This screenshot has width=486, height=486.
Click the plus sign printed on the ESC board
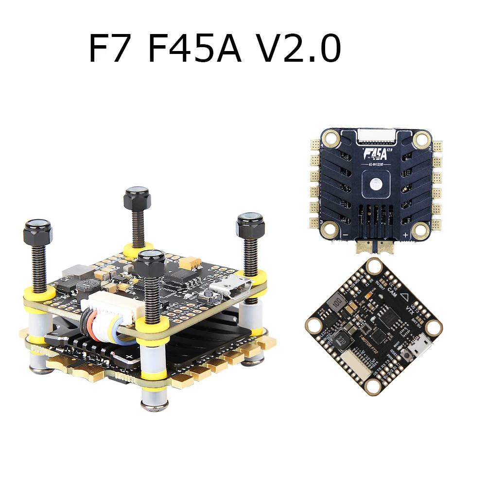coord(405,235)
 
